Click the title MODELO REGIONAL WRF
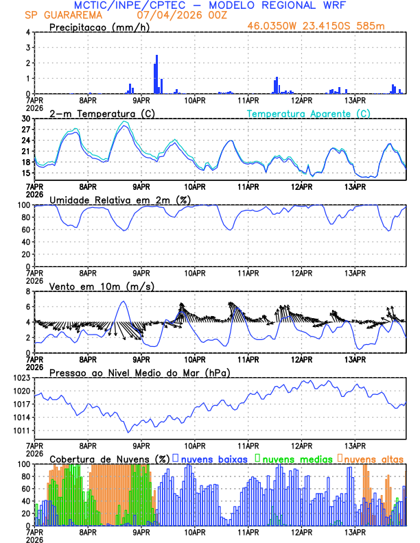pyautogui.click(x=292, y=5)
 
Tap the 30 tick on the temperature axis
pyautogui.click(x=26, y=119)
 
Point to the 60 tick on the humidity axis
pyautogui.click(x=26, y=230)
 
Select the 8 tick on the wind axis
pyautogui.click(x=27, y=291)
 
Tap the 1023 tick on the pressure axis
pyautogui.click(x=23, y=378)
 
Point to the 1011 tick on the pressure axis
pyautogui.click(x=23, y=431)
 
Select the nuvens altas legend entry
pyautogui.click(x=373, y=459)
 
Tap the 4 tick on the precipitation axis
pyautogui.click(x=27, y=32)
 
